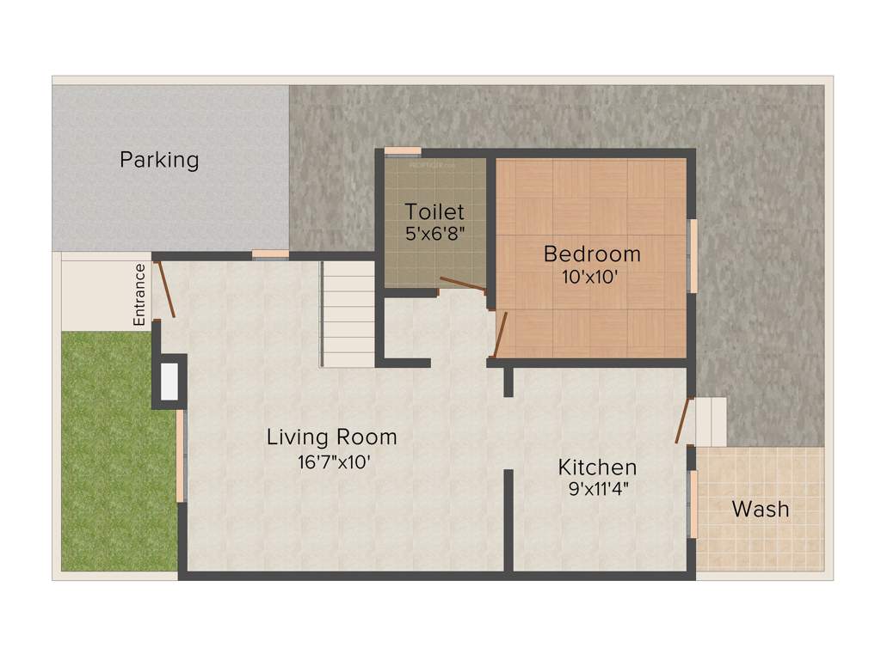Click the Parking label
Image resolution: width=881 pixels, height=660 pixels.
click(159, 160)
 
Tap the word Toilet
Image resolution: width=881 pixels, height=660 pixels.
click(434, 211)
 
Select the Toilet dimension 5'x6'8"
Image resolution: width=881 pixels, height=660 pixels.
click(434, 233)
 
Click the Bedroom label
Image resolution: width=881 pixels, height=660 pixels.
click(592, 254)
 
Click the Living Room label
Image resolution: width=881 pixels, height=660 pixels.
click(332, 437)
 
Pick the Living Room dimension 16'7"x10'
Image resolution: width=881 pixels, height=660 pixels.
click(334, 461)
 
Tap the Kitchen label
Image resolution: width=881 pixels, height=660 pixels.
click(597, 467)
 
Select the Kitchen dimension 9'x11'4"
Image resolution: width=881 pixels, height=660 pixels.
click(600, 490)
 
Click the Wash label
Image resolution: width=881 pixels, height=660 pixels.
click(760, 509)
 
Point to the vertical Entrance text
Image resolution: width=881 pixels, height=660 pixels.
click(139, 295)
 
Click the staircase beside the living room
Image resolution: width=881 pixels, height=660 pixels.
click(348, 315)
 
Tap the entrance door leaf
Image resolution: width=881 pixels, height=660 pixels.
click(166, 289)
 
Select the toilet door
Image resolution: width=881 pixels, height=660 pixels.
click(463, 284)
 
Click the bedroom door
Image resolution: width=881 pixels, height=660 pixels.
click(500, 334)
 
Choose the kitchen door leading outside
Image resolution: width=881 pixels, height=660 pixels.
click(683, 421)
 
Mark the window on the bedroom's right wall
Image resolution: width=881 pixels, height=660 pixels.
click(692, 256)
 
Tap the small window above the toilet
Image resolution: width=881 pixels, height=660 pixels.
click(402, 152)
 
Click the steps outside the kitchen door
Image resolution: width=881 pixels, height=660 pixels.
click(712, 421)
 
